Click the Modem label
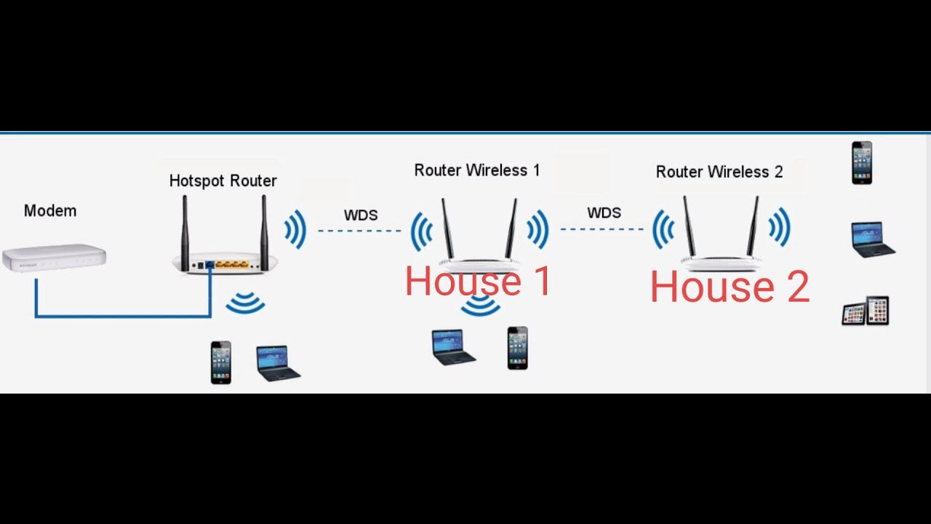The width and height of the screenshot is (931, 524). [x=50, y=211]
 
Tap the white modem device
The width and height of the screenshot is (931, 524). [x=55, y=258]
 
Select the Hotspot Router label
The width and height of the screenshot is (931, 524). [x=223, y=180]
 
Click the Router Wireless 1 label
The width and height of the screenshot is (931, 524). [x=476, y=170]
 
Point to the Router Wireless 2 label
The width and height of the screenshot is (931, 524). [x=719, y=172]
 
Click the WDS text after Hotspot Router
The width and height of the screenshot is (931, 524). [x=361, y=215]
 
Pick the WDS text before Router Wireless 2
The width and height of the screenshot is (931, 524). [x=604, y=213]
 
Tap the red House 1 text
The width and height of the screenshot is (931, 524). [x=478, y=282]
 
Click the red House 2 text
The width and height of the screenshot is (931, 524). [x=730, y=287]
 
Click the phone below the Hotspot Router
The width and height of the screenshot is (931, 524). [x=221, y=362]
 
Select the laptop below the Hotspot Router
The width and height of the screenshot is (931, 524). [x=278, y=363]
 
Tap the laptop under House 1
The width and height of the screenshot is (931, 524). [x=453, y=346]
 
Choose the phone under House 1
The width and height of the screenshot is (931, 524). [x=517, y=348]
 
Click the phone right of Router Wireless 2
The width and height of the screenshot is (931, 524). [x=862, y=163]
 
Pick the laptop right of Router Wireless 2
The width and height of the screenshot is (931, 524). [x=872, y=239]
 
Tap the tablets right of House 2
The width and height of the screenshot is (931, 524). [x=866, y=311]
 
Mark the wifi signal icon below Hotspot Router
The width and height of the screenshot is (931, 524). [x=245, y=303]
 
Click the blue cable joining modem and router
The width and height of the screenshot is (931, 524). [x=124, y=316]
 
